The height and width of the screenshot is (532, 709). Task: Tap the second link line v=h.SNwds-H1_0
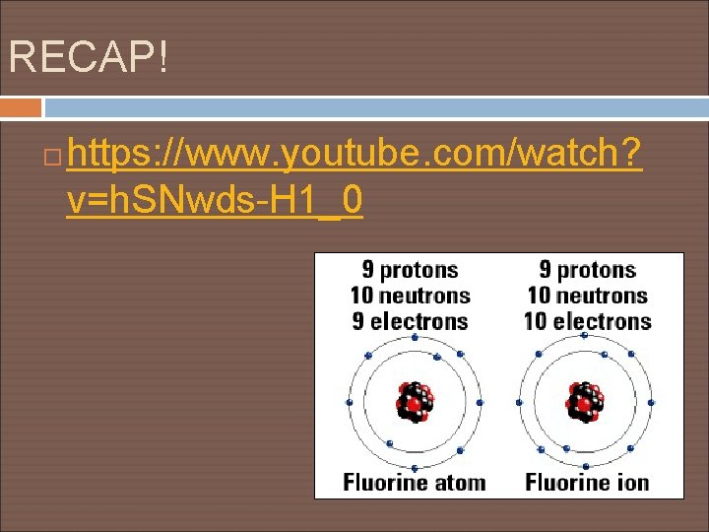214,201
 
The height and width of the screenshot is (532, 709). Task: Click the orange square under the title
21,107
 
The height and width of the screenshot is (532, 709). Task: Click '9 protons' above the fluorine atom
410,270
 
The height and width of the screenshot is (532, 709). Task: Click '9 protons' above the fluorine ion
587,270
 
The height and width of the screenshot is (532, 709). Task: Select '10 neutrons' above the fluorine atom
410,296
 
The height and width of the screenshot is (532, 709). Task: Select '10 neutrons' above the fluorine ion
587,296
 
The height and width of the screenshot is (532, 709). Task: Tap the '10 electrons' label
589,321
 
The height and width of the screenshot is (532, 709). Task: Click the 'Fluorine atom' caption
415,483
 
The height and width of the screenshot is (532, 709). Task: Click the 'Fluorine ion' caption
588,483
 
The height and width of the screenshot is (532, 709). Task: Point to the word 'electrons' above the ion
603,321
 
